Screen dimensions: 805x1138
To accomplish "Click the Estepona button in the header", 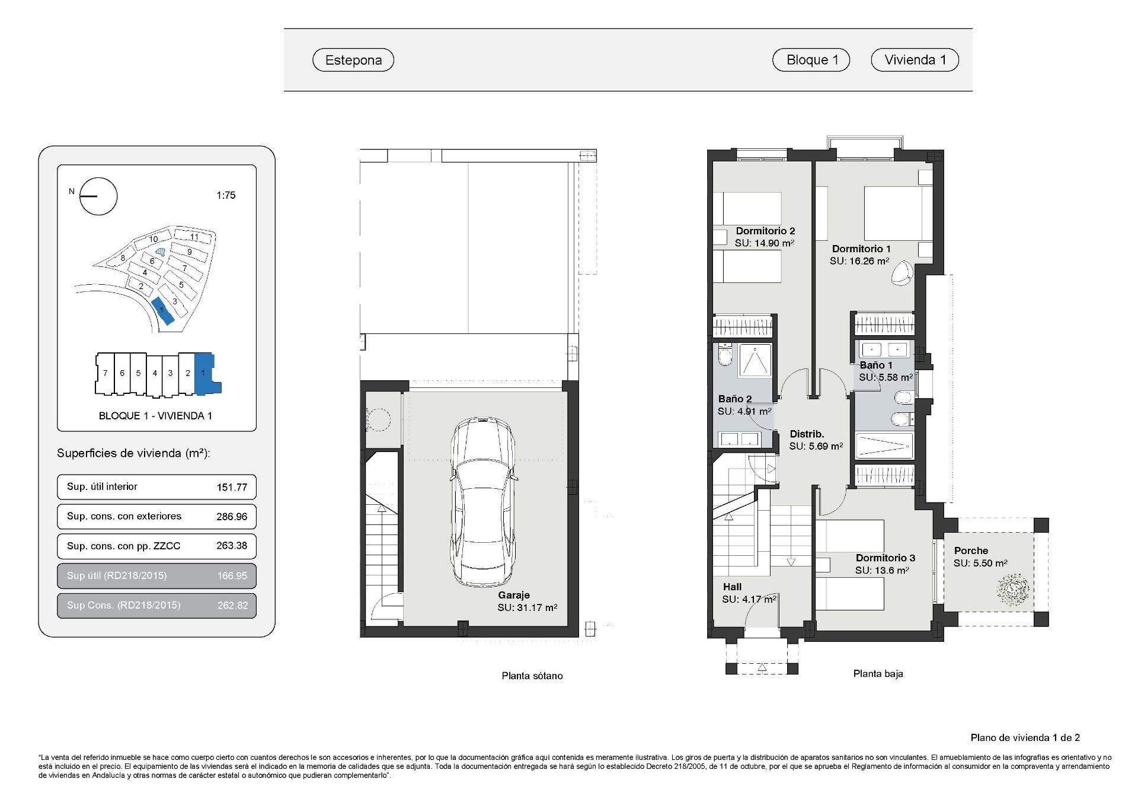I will tap(353, 60).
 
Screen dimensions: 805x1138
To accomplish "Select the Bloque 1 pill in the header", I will tap(811, 60).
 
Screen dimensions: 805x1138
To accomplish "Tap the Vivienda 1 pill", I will tap(915, 60).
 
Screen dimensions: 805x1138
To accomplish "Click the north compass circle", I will tap(98, 196).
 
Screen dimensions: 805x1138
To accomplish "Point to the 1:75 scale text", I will tap(226, 195).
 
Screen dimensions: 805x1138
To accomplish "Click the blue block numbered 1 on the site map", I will tap(163, 311).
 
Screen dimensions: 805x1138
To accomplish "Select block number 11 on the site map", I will tap(194, 237).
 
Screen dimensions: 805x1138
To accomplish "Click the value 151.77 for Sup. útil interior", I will tap(232, 487).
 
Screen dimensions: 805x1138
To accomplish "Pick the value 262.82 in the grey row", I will tap(232, 606).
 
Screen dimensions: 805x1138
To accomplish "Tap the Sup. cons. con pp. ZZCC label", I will tap(123, 546).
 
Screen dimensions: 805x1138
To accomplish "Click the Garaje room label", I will tap(513, 595).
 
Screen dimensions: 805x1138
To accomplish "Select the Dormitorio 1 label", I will tap(861, 249).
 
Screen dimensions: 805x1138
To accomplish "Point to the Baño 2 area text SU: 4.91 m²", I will tap(744, 411).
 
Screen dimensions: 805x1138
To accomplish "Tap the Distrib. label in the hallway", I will tap(807, 434).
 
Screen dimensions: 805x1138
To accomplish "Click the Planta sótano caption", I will tap(532, 676).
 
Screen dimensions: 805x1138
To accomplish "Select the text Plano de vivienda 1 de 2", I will tap(1025, 737).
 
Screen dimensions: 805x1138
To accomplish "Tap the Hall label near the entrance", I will tap(732, 587).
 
